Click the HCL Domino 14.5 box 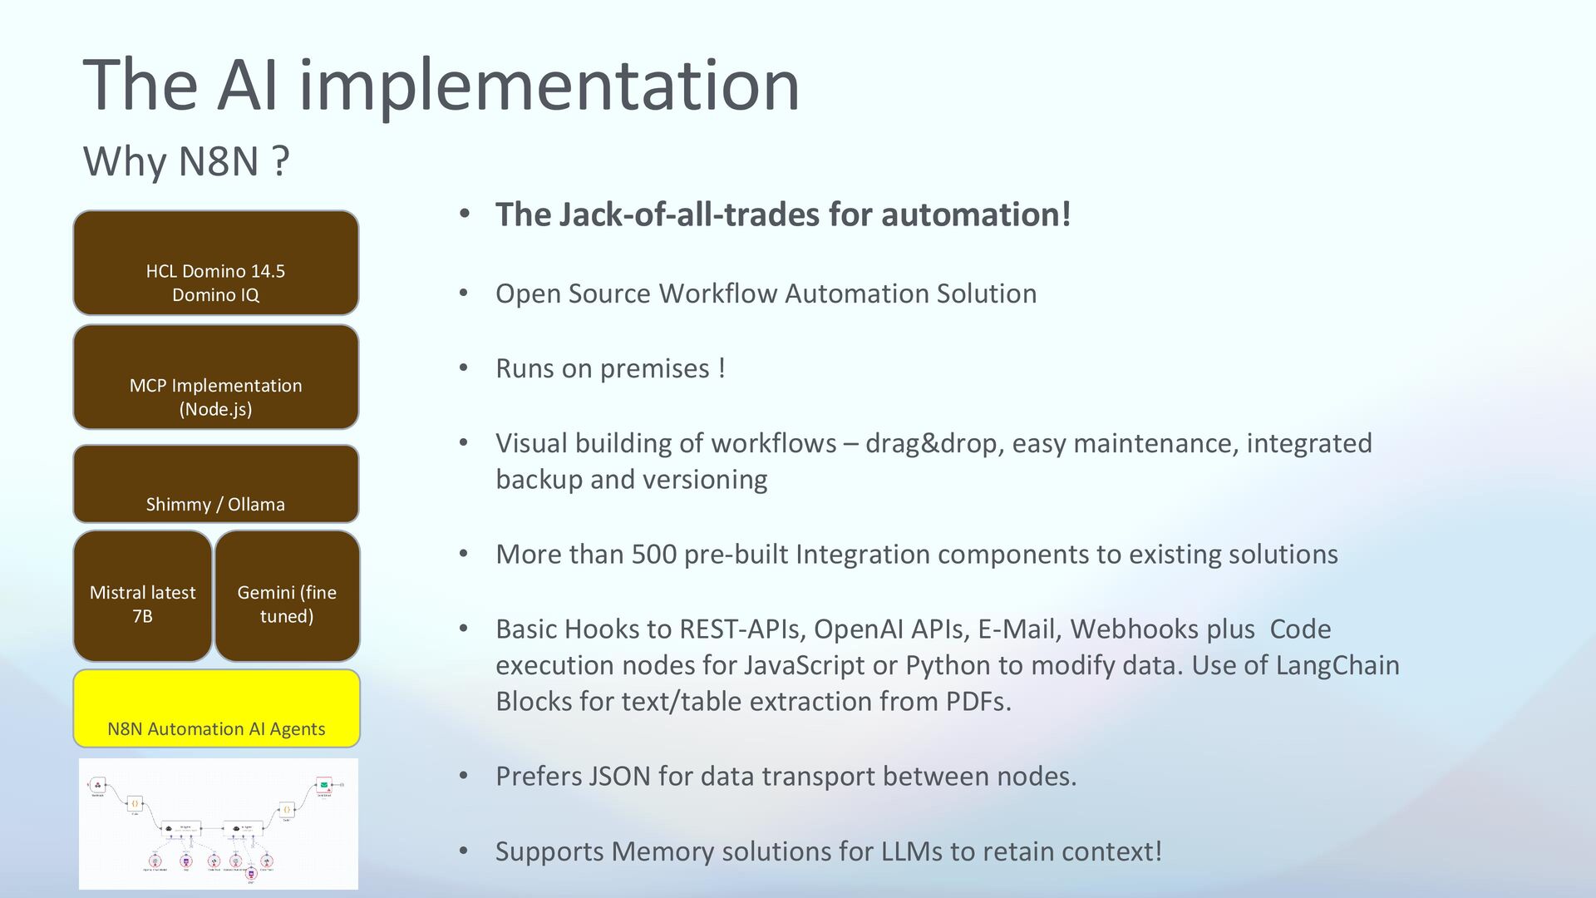[216, 263]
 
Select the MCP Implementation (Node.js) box [216, 377]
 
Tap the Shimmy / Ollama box [216, 484]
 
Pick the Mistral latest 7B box [143, 596]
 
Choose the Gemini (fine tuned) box [287, 596]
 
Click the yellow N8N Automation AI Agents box [216, 708]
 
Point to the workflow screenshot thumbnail [219, 823]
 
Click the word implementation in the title [549, 85]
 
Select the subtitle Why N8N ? [186, 160]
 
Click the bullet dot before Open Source [465, 294]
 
